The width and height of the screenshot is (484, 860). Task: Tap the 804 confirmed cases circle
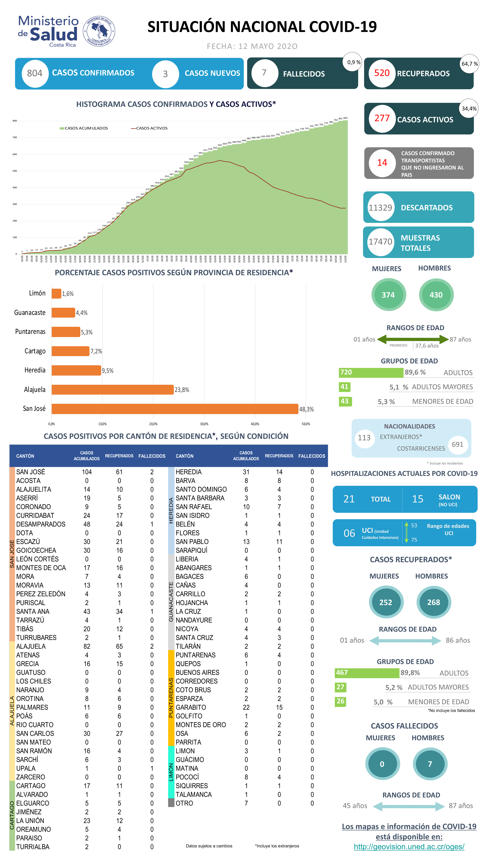pyautogui.click(x=35, y=73)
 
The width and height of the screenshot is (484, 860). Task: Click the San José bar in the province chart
pyautogui.click(x=175, y=409)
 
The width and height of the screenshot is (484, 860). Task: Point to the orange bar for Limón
pyautogui.click(x=56, y=293)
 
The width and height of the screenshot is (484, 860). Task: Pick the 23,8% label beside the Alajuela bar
pyautogui.click(x=182, y=390)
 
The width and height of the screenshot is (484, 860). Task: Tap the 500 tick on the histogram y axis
pyautogui.click(x=15, y=171)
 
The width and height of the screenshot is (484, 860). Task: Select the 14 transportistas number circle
pyautogui.click(x=382, y=163)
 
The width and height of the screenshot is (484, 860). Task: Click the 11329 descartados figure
pyautogui.click(x=380, y=208)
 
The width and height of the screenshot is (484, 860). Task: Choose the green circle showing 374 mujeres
pyautogui.click(x=388, y=295)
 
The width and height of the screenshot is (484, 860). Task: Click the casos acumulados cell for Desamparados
pyautogui.click(x=87, y=524)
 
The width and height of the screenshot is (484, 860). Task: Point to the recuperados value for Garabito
pyautogui.click(x=279, y=707)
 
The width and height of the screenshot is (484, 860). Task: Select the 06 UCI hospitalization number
pyautogui.click(x=349, y=533)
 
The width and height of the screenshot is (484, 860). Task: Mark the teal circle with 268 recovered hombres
pyautogui.click(x=434, y=602)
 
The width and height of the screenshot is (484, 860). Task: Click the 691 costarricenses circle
pyautogui.click(x=457, y=444)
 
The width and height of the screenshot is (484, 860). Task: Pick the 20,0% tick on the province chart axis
pyautogui.click(x=153, y=424)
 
